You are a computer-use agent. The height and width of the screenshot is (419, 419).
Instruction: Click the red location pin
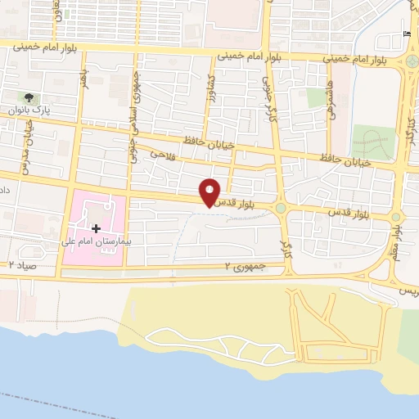[211, 192]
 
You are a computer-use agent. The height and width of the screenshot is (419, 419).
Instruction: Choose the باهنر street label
[83, 79]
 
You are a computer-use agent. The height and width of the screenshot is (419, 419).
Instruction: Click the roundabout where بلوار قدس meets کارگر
[282, 209]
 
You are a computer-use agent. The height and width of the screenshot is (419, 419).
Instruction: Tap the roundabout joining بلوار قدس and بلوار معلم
[397, 217]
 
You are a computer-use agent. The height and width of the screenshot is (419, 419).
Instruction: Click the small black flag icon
[407, 34]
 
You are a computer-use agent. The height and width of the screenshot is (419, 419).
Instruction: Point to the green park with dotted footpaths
[373, 142]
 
